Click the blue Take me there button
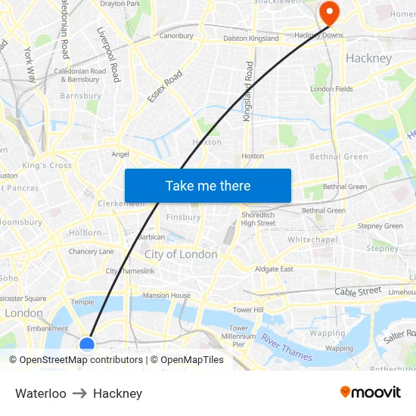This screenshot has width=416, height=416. coord(208,185)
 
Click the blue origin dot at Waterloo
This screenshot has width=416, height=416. coord(87,345)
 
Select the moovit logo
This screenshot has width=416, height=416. coord(371,392)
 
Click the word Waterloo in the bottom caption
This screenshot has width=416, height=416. coord(41,393)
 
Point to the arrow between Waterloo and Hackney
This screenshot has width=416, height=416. coord(79,393)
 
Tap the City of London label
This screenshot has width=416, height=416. coord(181,254)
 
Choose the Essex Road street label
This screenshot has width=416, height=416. coord(165,86)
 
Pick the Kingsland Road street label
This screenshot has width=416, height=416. coord(248,92)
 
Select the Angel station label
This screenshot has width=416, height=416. coord(120,154)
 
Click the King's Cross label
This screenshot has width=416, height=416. coord(47,165)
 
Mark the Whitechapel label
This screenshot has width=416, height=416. coord(312,239)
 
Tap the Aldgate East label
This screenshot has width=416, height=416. coord(274,269)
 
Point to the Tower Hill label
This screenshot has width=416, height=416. coord(248,310)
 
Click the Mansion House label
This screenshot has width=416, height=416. coord(166,295)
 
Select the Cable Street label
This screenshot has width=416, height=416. coord(359,291)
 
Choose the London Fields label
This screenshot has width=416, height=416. coord(331,89)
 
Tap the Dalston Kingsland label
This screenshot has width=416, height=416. coord(251,38)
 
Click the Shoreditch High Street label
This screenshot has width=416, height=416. coord(258,219)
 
